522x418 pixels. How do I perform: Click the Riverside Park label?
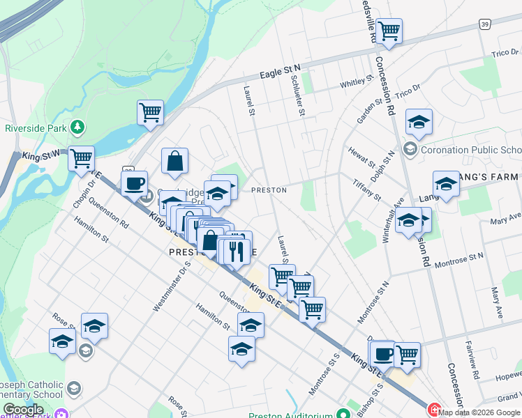pyautogui.click(x=36, y=127)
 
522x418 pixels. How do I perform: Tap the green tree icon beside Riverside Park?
pyautogui.click(x=78, y=127)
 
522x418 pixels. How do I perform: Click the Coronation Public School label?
pyautogui.click(x=472, y=150)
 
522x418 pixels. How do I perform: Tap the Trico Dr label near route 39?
pyautogui.click(x=503, y=53)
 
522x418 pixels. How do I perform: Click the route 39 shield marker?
pyautogui.click(x=484, y=24)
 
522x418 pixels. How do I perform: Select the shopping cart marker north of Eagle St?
pyautogui.click(x=389, y=31)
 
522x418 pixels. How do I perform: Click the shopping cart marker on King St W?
pyautogui.click(x=82, y=158)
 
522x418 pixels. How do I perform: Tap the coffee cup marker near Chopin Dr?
pyautogui.click(x=135, y=184)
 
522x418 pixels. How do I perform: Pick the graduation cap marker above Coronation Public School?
pyautogui.click(x=419, y=122)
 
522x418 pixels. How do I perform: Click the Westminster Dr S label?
pyautogui.click(x=163, y=286)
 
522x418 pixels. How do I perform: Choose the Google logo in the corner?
pyautogui.click(x=23, y=410)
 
